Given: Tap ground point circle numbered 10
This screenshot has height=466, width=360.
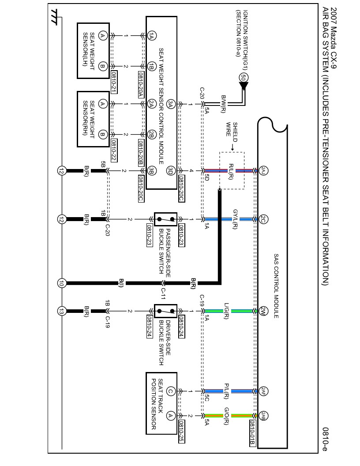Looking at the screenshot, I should coord(61,284).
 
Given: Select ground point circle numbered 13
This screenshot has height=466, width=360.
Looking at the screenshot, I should coord(61,311).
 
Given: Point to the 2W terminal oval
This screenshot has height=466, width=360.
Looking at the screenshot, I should coord(263,311).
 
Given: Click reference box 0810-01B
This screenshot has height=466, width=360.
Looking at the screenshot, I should coord(252,433).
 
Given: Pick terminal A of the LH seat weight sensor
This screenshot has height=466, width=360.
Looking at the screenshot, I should coord(102,36).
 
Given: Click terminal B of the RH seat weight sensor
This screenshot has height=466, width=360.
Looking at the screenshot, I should coord(102,134).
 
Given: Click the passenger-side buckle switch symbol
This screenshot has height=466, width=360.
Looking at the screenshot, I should coord(165,219).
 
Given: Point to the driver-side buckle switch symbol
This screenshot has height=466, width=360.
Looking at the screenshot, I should coord(165,311).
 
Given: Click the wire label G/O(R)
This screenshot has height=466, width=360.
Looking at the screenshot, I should coord(226,416).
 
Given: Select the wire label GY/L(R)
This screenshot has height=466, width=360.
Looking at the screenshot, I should coord(235,219).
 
